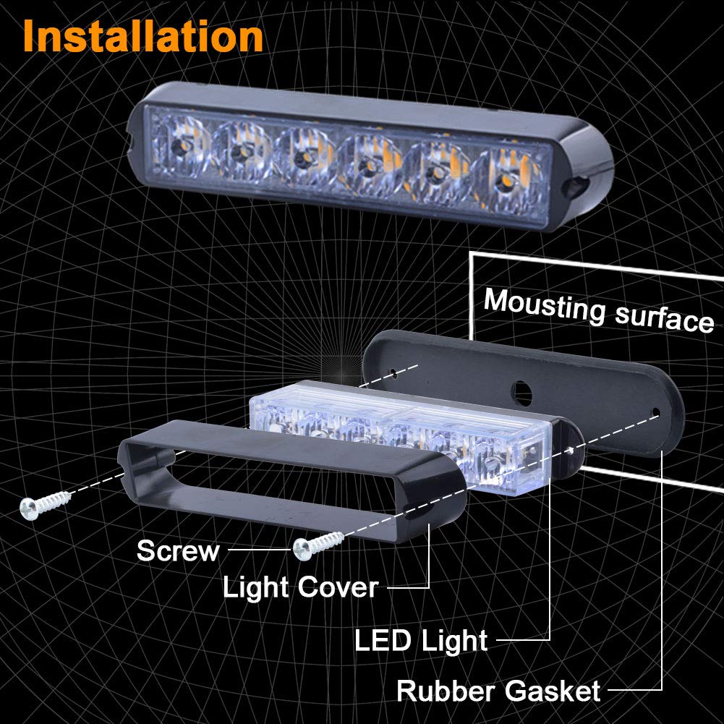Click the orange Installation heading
point(142,36)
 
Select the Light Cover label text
point(300,587)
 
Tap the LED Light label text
point(421,641)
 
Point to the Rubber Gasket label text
point(498,691)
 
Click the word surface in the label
point(665,319)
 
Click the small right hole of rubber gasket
point(655,414)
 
